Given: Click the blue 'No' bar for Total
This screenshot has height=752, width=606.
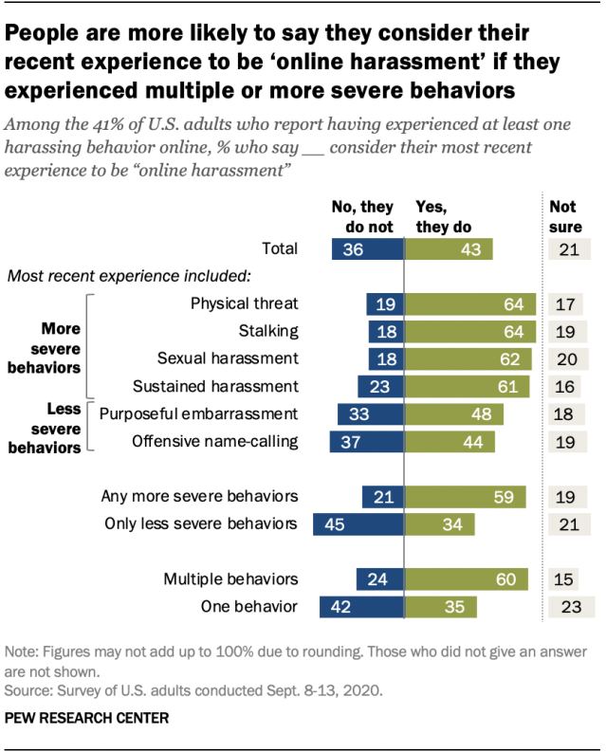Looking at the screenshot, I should point(368,248).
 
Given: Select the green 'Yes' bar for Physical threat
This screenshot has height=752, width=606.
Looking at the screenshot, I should point(469,303).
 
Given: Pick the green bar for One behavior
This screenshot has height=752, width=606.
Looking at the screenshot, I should point(440,607).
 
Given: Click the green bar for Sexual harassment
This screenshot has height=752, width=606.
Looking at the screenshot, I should point(468,358).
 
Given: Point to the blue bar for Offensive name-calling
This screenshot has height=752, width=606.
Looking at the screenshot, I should point(366,441).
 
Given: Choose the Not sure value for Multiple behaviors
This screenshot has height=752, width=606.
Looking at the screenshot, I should point(563,579).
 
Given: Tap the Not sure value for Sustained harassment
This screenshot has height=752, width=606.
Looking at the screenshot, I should point(564,386).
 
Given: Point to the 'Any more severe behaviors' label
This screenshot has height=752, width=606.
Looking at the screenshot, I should point(200,496).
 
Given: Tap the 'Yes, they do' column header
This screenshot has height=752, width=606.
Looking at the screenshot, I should point(443,217).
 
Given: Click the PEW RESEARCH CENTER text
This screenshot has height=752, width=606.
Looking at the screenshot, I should point(86,718).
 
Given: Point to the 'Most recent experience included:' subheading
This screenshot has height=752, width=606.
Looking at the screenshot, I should point(128,277).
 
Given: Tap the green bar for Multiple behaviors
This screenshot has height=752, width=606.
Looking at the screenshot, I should point(466,579).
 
